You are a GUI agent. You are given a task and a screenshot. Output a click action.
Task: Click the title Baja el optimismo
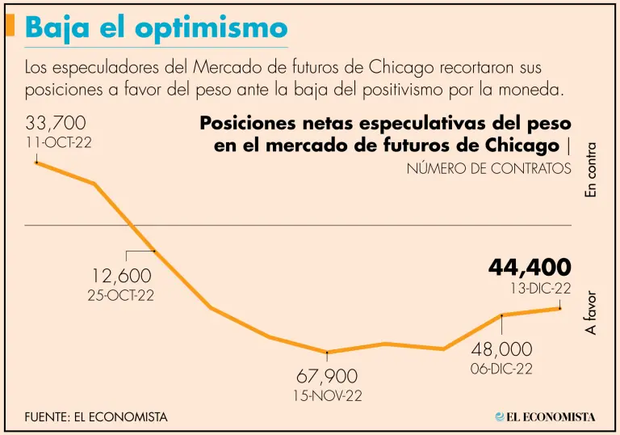[x=156, y=28]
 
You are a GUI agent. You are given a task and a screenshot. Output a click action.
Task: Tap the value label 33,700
[x=56, y=124]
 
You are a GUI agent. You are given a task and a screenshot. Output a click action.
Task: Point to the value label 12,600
[x=121, y=277]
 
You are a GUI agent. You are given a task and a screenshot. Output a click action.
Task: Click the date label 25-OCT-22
[x=121, y=295]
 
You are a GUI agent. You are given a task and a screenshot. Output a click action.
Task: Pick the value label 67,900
[x=327, y=377]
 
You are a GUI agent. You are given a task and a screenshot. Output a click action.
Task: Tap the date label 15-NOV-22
[x=327, y=395]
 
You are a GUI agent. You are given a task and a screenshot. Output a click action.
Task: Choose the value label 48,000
[x=502, y=349]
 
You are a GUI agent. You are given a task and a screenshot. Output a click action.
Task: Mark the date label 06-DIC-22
[x=502, y=368]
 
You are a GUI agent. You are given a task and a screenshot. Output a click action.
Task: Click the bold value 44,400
[x=530, y=267]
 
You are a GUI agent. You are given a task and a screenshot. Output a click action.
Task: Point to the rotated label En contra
[x=591, y=171]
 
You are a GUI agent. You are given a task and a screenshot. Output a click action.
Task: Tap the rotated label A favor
[x=591, y=313]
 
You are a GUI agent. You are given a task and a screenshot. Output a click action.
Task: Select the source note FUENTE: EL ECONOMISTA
[x=96, y=417]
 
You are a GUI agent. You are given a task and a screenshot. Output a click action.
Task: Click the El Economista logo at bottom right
[x=545, y=417]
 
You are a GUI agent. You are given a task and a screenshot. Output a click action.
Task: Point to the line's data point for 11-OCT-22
[x=36, y=163]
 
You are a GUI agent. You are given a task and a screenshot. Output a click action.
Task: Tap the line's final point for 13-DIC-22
[x=559, y=307]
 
